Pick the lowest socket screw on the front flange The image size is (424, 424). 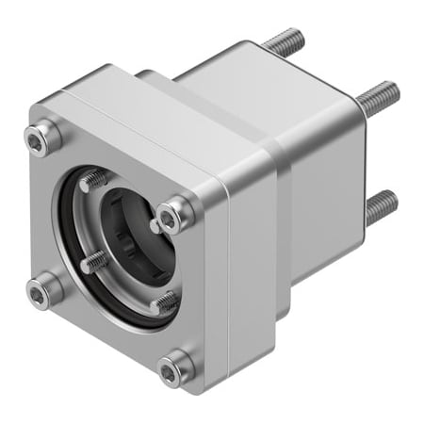point(173,371)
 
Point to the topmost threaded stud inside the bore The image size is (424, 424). point(95,180)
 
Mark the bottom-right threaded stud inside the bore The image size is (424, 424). point(165,302)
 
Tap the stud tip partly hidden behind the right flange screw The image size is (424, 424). point(154,226)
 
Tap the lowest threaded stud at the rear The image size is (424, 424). point(381,205)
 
